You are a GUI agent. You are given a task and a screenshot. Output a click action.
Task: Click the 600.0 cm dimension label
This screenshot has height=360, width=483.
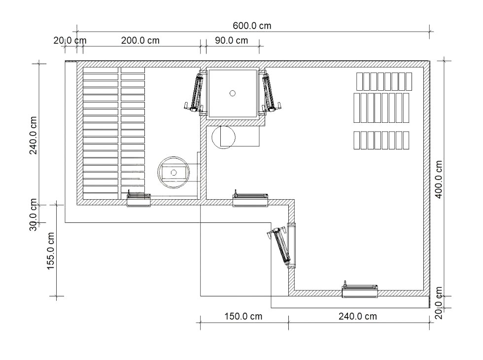pyautogui.click(x=252, y=26)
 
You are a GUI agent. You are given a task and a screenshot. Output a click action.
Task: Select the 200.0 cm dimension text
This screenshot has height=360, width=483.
pyautogui.click(x=140, y=40)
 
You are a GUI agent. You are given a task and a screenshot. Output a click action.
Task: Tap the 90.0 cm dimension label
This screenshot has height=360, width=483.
pyautogui.click(x=231, y=40)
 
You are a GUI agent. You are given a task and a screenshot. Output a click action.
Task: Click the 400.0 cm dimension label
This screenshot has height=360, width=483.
pyautogui.click(x=439, y=180)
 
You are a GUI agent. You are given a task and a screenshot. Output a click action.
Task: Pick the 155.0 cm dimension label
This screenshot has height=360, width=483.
pyautogui.click(x=50, y=251)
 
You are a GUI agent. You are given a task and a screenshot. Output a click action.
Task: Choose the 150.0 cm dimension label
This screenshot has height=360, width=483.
pyautogui.click(x=243, y=317)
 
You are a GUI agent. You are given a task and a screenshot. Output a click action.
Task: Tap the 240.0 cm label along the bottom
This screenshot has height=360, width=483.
pyautogui.click(x=358, y=317)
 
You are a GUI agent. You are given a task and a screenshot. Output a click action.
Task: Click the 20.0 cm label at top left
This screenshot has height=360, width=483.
pyautogui.click(x=70, y=40)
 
